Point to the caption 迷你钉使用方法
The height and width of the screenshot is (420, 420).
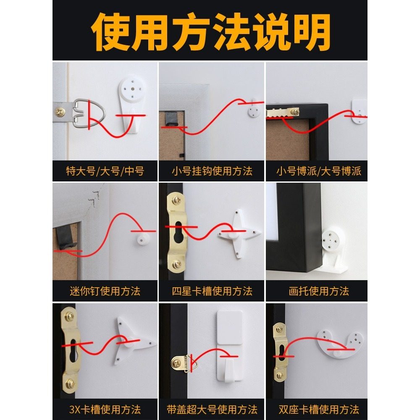pos(105,291)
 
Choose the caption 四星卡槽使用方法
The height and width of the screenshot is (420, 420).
pos(212,291)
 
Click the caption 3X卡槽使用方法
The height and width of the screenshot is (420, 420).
pos(105,409)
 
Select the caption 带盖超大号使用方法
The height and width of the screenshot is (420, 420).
pos(212,409)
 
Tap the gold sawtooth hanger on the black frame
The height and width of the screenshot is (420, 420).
pos(283,112)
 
